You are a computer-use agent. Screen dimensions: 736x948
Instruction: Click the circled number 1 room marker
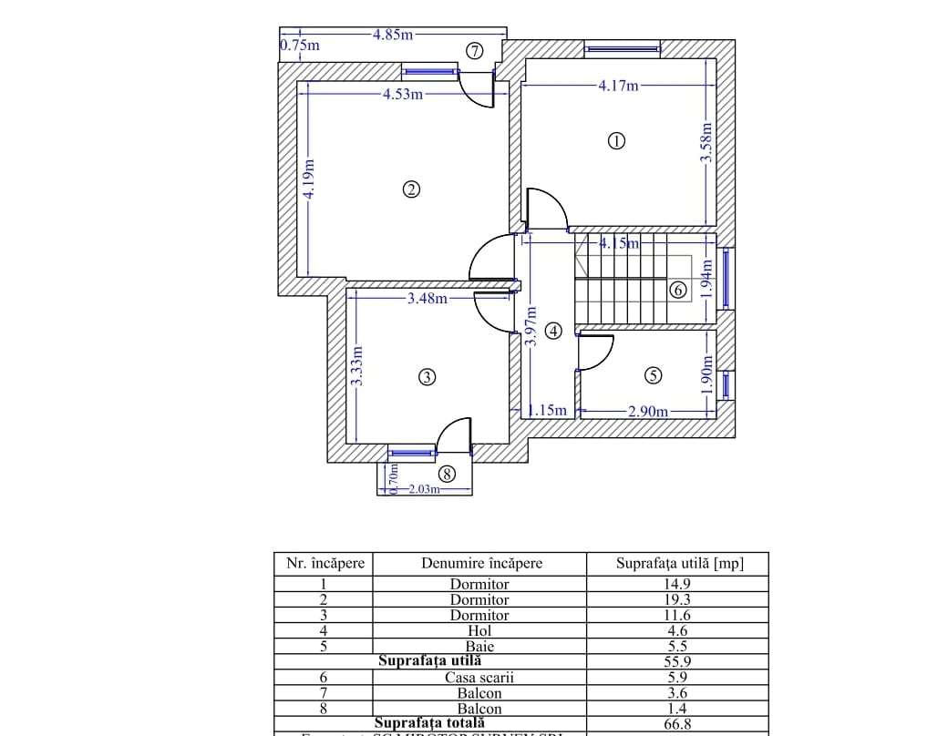click(617, 141)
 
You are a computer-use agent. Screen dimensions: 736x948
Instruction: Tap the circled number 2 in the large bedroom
click(411, 189)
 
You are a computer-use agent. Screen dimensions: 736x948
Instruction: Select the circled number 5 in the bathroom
click(653, 375)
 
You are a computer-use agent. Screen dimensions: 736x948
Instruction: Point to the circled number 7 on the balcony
click(474, 51)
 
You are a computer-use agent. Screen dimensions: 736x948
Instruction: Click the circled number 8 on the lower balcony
click(446, 474)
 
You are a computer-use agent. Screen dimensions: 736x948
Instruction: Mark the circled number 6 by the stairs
click(677, 291)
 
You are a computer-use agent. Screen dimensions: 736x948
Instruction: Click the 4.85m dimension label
click(393, 35)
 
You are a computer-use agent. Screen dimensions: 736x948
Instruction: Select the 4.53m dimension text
click(403, 94)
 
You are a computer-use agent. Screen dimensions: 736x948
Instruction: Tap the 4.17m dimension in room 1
click(619, 87)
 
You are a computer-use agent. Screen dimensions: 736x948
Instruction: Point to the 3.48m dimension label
click(428, 298)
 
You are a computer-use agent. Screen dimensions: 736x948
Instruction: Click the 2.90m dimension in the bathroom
click(647, 412)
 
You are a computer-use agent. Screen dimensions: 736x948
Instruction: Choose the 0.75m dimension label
click(300, 45)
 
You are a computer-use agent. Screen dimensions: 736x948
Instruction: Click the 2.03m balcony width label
click(424, 489)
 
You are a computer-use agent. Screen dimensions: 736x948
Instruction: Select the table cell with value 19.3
click(676, 600)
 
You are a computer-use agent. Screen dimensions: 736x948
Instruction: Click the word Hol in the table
click(479, 630)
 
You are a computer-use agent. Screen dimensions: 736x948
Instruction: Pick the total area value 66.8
click(676, 723)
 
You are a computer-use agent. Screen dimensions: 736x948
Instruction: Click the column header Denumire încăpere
click(481, 563)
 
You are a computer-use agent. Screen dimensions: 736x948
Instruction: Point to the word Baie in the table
click(479, 647)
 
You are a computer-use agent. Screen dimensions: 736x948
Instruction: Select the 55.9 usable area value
click(676, 662)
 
